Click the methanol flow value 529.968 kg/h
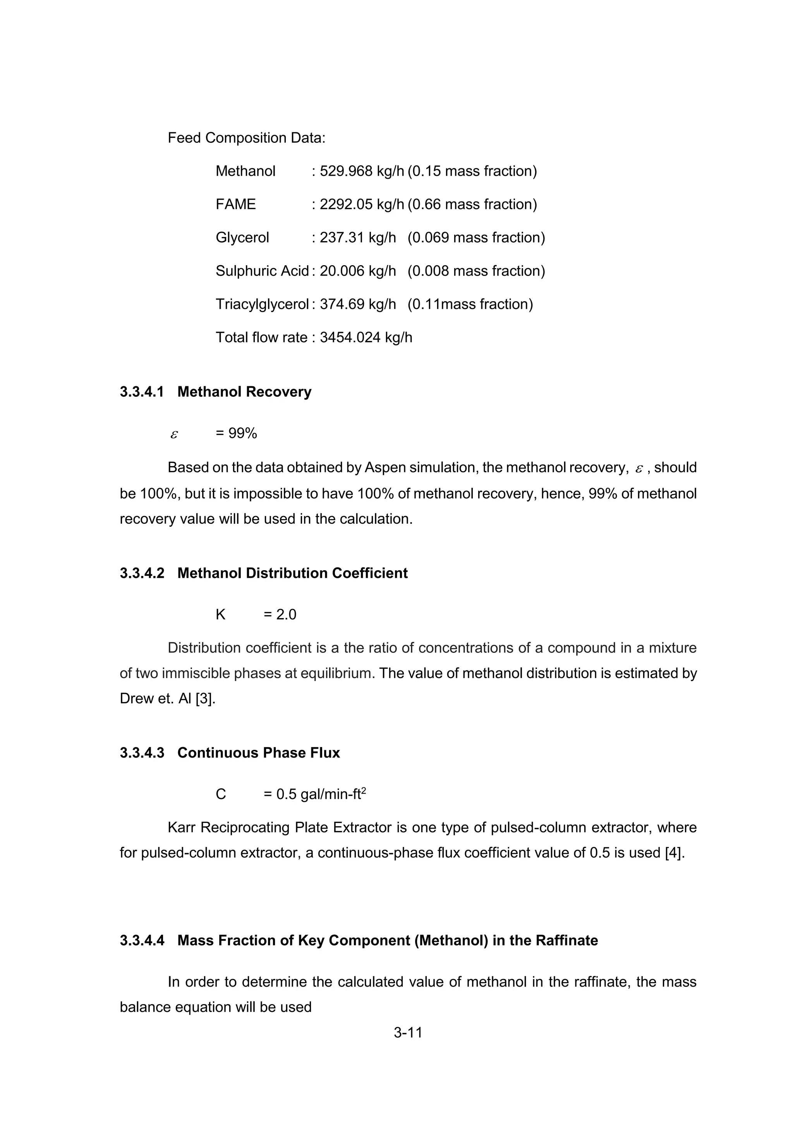click(x=361, y=171)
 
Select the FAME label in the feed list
click(x=235, y=204)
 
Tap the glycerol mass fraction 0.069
click(x=427, y=238)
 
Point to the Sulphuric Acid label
click(x=262, y=271)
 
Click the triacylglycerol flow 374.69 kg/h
click(x=357, y=304)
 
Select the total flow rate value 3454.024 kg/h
click(x=366, y=338)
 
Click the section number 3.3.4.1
click(x=142, y=392)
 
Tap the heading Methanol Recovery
click(x=244, y=392)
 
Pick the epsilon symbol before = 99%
click(x=174, y=434)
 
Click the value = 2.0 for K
click(x=280, y=615)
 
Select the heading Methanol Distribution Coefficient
click(x=292, y=573)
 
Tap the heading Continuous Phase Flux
click(x=258, y=753)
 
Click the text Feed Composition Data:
click(x=246, y=138)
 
